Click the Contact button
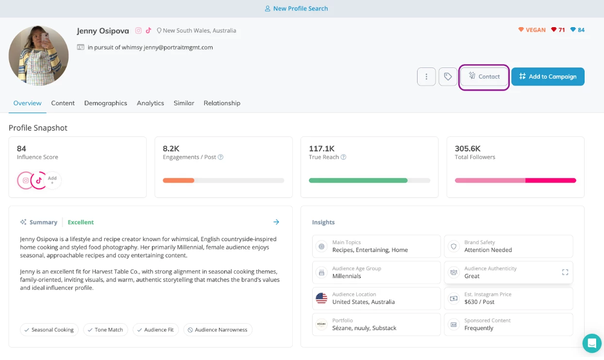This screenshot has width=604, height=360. [x=484, y=77]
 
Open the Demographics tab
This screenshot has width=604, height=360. [x=105, y=103]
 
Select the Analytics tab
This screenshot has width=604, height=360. [x=151, y=103]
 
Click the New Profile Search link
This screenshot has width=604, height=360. [x=296, y=9]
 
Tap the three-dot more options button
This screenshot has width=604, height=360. [x=426, y=77]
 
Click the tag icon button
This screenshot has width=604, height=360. [x=448, y=77]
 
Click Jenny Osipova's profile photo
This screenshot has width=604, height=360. [x=39, y=56]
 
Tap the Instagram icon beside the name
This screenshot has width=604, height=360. [x=138, y=31]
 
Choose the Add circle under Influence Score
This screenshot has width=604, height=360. [x=52, y=180]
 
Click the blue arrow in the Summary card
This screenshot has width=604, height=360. [x=276, y=222]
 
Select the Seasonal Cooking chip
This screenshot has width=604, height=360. [x=49, y=330]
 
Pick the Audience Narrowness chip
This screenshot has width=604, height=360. [x=218, y=330]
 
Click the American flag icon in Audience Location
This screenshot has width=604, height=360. [x=321, y=298]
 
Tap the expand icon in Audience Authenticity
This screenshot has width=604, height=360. [x=565, y=273]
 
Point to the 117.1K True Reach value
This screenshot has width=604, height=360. [x=321, y=148]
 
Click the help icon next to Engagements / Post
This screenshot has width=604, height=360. [x=220, y=157]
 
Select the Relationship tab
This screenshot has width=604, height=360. [x=222, y=103]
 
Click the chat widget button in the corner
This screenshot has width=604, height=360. [x=592, y=344]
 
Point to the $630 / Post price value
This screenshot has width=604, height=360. [x=479, y=302]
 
